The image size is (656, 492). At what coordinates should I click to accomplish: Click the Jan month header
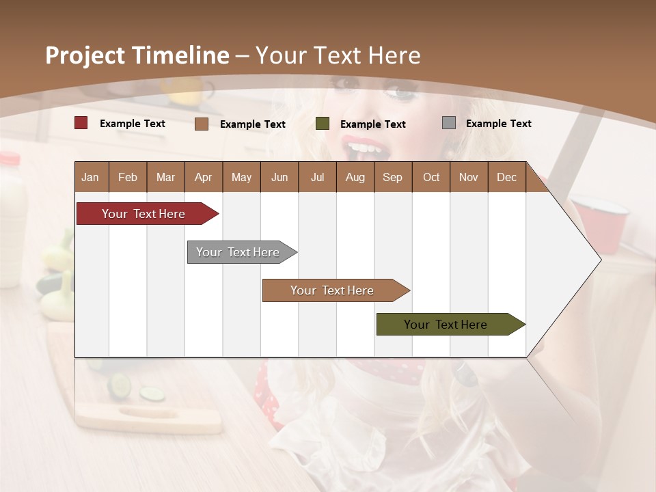click(x=90, y=178)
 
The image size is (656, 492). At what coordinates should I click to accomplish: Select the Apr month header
click(x=203, y=178)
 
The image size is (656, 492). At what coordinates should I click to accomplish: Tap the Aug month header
click(x=355, y=178)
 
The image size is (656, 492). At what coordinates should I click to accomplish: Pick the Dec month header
click(x=506, y=178)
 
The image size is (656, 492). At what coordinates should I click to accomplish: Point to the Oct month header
click(x=431, y=178)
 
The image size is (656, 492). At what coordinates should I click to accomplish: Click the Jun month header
click(x=279, y=178)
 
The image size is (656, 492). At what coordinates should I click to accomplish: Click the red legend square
click(x=81, y=123)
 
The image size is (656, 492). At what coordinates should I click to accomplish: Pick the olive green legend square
click(x=323, y=123)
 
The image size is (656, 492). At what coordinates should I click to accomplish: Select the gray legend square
click(x=449, y=123)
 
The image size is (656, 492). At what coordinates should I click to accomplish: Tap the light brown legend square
click(x=202, y=124)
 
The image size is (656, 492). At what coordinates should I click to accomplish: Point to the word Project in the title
click(x=85, y=55)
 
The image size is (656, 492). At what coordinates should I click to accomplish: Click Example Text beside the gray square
click(x=498, y=124)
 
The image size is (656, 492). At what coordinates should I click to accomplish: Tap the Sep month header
click(x=392, y=178)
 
